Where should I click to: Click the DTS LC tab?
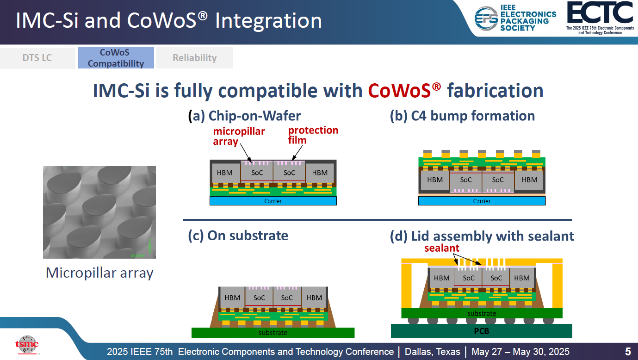(37, 58)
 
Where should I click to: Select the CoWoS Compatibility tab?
(116, 58)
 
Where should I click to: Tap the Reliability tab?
(194, 58)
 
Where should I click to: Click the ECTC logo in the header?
(600, 18)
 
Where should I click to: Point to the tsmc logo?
(27, 344)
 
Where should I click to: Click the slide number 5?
(628, 351)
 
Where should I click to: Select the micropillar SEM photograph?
(99, 212)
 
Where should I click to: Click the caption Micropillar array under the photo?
(99, 273)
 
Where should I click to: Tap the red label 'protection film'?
(313, 135)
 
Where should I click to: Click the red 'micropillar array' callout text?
(239, 136)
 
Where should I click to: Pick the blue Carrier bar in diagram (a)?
(273, 201)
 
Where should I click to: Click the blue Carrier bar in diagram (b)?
(482, 201)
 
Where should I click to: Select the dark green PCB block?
(481, 331)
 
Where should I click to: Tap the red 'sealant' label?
(442, 248)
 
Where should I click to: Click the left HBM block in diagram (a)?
(225, 173)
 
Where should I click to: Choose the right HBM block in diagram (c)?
(314, 298)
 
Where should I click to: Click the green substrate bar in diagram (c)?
(273, 332)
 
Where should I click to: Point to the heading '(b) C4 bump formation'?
(462, 116)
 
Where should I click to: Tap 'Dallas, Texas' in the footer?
(433, 352)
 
